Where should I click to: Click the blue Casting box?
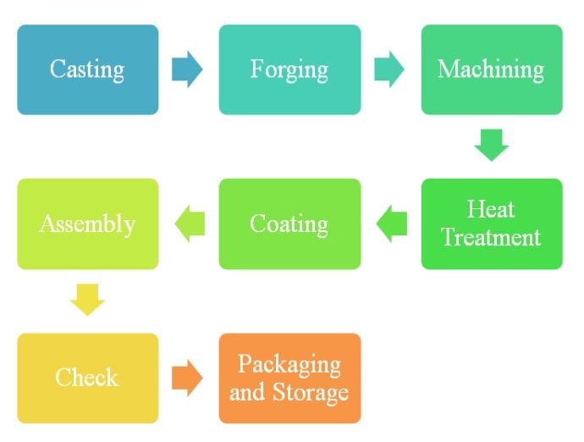[x=87, y=69]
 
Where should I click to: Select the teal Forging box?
[x=289, y=69]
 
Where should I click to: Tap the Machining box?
[x=491, y=69]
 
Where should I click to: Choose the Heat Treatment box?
[x=491, y=224]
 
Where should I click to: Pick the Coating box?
[x=289, y=224]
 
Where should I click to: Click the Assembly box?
[x=87, y=224]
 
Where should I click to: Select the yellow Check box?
[x=87, y=378]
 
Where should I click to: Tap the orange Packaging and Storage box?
[x=289, y=378]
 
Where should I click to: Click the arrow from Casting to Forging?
[x=187, y=69]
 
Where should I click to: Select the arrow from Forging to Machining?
[x=389, y=69]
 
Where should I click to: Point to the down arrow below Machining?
[x=491, y=145]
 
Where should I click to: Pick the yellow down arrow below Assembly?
[x=87, y=300]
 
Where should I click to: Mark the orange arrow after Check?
[x=187, y=378]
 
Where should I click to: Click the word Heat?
[x=491, y=210]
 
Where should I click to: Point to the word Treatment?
[x=491, y=237]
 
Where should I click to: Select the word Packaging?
[x=289, y=365]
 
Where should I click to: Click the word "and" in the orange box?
[x=247, y=392]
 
